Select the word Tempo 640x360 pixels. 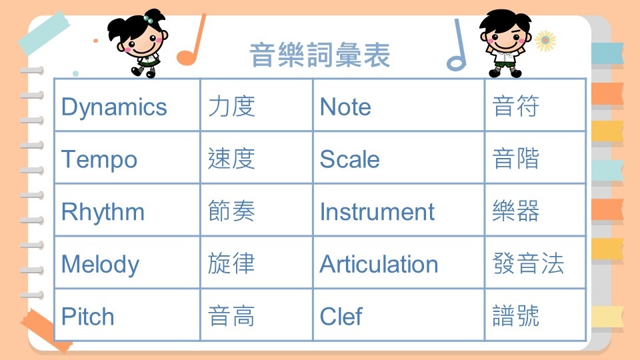[x=99, y=160]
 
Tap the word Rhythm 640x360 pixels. [x=103, y=212]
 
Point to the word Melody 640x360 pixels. [x=101, y=265]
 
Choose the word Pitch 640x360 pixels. [x=88, y=316]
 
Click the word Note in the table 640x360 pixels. [x=345, y=107]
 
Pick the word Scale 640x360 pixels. [x=350, y=159]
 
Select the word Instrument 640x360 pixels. [x=377, y=212]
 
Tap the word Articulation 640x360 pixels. [x=379, y=264]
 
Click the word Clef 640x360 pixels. [x=341, y=316]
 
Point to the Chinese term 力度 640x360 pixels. [x=231, y=107]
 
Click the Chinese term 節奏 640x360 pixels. [x=231, y=211]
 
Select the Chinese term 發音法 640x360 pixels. [x=528, y=263]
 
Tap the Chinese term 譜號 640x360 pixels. [x=516, y=315]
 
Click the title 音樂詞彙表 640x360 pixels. [x=320, y=55]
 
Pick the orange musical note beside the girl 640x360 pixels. [x=191, y=40]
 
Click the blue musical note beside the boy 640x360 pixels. [x=457, y=45]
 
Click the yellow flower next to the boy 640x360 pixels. [x=545, y=41]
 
